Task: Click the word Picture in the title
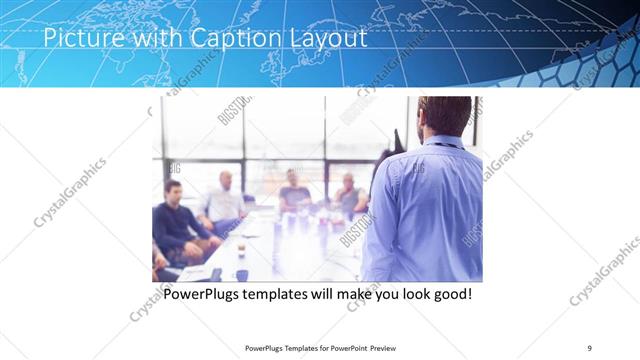pyautogui.click(x=81, y=39)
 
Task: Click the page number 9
pyautogui.click(x=590, y=348)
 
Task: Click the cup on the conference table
pyautogui.click(x=241, y=274)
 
